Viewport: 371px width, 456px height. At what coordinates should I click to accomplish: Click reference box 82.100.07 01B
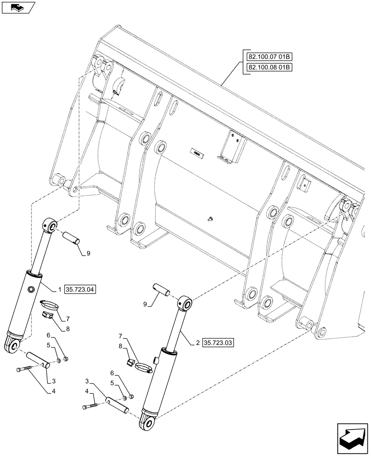270,57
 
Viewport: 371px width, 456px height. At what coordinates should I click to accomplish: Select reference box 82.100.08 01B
270,67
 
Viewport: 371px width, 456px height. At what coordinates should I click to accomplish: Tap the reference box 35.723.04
81,289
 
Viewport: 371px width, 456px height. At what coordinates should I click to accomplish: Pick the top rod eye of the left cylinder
51,225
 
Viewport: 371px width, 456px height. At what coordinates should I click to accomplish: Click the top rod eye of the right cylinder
185,304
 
